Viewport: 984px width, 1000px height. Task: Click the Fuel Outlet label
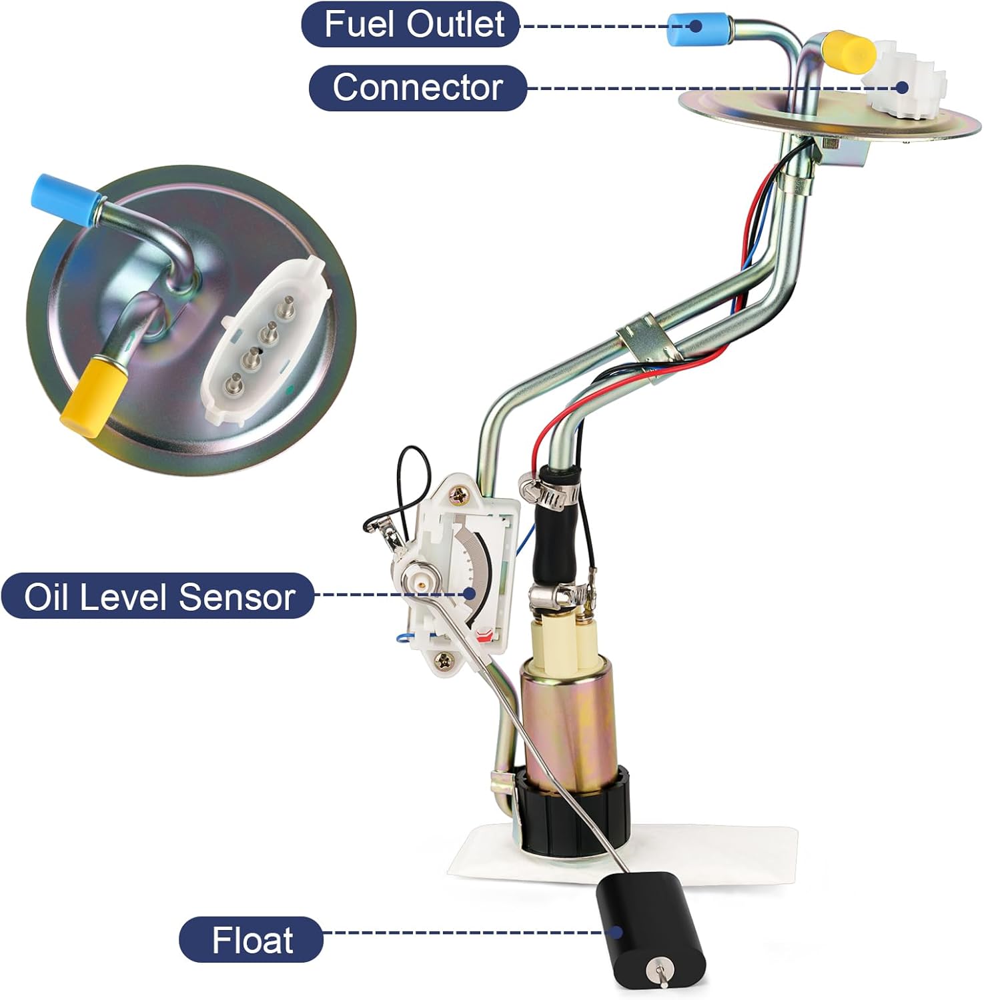[x=411, y=25]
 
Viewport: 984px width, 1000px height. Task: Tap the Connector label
[x=418, y=87]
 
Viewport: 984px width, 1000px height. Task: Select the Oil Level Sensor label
[x=158, y=596]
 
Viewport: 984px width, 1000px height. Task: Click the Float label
[x=252, y=940]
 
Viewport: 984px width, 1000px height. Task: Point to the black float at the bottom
[x=650, y=933]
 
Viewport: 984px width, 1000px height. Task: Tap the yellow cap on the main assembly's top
[x=849, y=49]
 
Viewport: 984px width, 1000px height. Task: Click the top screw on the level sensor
[x=461, y=495]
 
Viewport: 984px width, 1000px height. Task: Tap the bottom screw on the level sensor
[x=442, y=660]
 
